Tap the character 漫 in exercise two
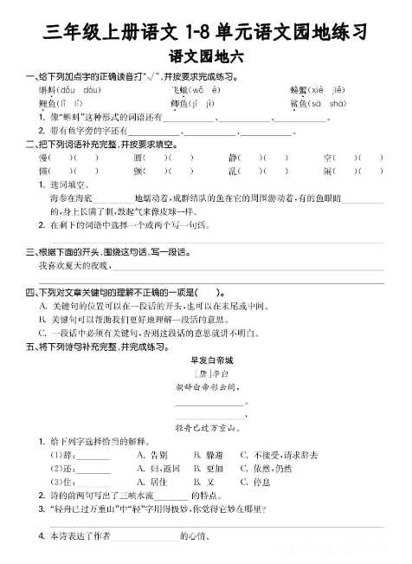(43, 158)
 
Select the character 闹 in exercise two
(328, 171)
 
